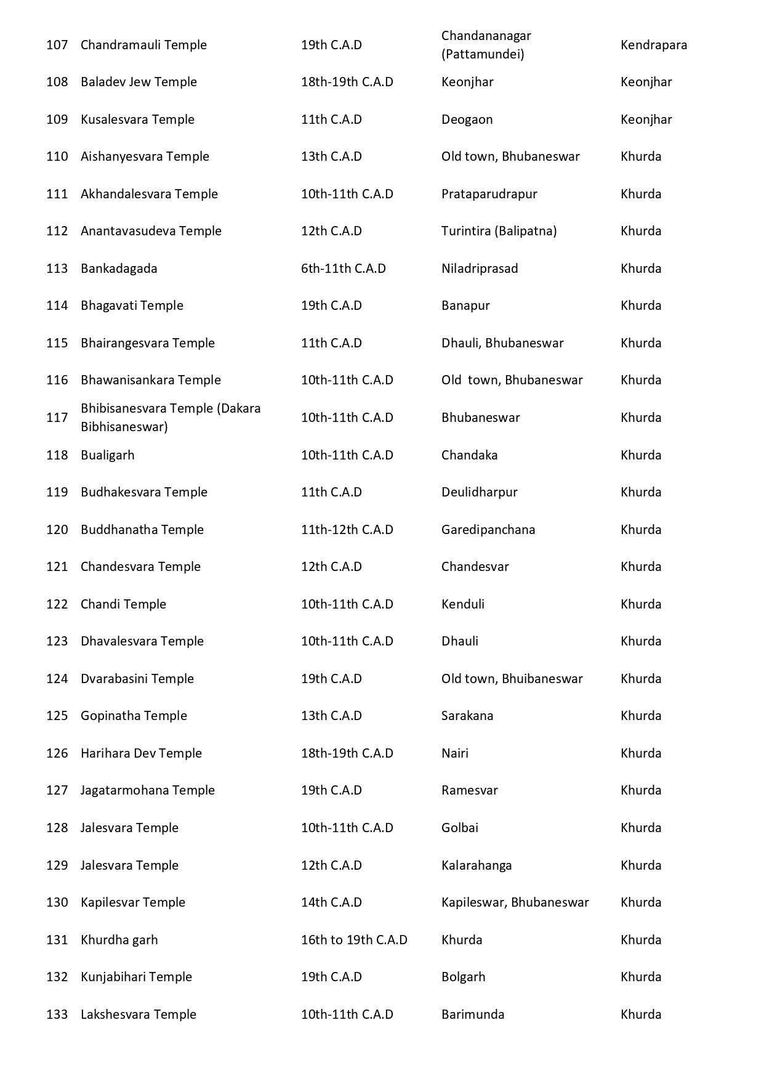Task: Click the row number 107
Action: pyautogui.click(x=57, y=45)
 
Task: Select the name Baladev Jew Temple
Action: pyautogui.click(x=139, y=82)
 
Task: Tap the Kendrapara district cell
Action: pyautogui.click(x=653, y=45)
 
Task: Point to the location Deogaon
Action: pyautogui.click(x=467, y=119)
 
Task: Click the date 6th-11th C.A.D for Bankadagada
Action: pyautogui.click(x=343, y=269)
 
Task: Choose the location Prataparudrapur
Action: pyautogui.click(x=489, y=194)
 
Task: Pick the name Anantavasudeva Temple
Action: pyautogui.click(x=151, y=231)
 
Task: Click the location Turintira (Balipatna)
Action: pyautogui.click(x=499, y=231)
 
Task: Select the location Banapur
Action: pyautogui.click(x=465, y=306)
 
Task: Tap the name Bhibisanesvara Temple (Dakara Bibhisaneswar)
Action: pyautogui.click(x=171, y=418)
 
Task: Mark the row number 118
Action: pyautogui.click(x=57, y=455)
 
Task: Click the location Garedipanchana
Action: pyautogui.click(x=488, y=530)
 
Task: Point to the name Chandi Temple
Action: pyautogui.click(x=123, y=604)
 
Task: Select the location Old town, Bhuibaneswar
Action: pyautogui.click(x=512, y=679)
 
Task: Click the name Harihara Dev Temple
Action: pyautogui.click(x=141, y=753)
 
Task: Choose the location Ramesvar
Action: pyautogui.click(x=469, y=790)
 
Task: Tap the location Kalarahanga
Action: pyautogui.click(x=476, y=865)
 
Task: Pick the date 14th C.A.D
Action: pyautogui.click(x=331, y=902)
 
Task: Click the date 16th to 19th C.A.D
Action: pyautogui.click(x=354, y=940)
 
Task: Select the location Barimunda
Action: pyautogui.click(x=472, y=1014)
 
